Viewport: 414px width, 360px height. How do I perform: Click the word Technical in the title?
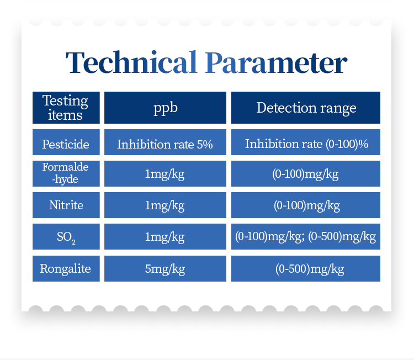[131, 62]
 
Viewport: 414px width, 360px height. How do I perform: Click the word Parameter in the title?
[276, 62]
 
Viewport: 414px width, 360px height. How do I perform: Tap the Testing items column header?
[66, 108]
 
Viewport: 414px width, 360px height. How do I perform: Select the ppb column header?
[165, 108]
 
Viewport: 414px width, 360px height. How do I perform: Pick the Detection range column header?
[306, 108]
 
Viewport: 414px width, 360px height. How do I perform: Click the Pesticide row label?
[66, 142]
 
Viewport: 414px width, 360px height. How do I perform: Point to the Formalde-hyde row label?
[66, 173]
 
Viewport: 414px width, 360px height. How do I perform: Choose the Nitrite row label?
[66, 205]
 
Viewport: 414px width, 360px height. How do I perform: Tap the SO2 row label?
[66, 236]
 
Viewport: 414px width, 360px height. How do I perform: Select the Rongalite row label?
[66, 268]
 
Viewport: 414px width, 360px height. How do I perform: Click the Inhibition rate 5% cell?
[165, 142]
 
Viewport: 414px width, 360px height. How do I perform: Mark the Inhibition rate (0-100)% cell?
[306, 142]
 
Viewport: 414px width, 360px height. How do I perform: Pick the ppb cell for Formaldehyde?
[165, 173]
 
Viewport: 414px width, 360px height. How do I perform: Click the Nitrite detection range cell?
[306, 205]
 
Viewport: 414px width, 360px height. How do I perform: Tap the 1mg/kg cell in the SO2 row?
[165, 236]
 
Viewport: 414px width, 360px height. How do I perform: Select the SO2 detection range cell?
[306, 236]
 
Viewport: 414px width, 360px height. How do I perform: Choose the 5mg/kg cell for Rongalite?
[165, 268]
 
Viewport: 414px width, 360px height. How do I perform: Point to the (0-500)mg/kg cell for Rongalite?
[306, 268]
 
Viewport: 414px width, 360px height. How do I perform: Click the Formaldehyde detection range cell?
[306, 173]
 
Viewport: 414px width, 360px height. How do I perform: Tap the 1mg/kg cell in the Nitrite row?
[165, 205]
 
